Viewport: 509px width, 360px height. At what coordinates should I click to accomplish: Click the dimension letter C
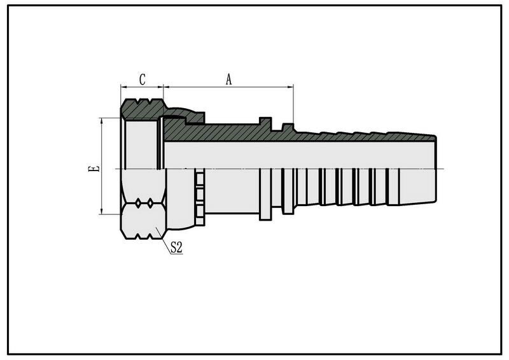(x=142, y=80)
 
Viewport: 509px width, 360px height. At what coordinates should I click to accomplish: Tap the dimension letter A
(x=229, y=80)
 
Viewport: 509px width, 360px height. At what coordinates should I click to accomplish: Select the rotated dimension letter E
(x=94, y=169)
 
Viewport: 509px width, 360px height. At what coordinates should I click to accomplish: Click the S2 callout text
(x=176, y=248)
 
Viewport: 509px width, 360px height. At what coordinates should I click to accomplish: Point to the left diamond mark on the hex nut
(x=138, y=203)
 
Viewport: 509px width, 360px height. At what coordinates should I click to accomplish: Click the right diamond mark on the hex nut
(x=150, y=203)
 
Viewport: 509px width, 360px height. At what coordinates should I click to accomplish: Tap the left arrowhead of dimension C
(x=123, y=87)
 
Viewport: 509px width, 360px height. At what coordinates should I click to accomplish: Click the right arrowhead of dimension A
(x=291, y=87)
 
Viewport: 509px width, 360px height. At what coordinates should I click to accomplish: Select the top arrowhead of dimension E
(x=102, y=121)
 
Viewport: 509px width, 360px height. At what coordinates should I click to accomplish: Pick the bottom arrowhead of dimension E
(x=102, y=211)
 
